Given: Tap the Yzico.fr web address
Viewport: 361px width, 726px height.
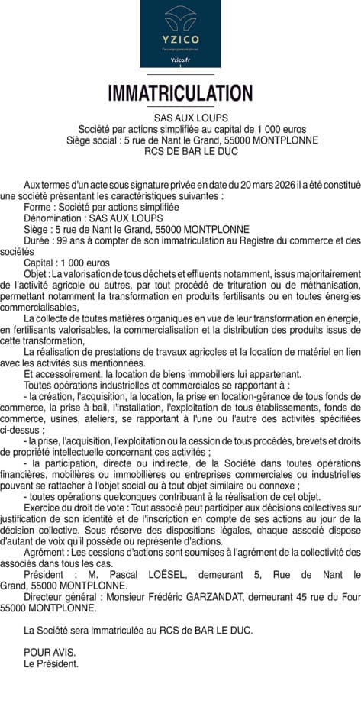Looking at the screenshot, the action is coord(180,59).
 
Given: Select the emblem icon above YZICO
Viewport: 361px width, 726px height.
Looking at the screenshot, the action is coord(180,17).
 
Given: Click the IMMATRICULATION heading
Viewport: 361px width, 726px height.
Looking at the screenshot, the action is coord(180,94).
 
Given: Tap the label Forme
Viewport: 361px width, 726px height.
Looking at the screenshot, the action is coord(37,207).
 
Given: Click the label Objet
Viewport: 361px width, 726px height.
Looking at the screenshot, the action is coord(35,273).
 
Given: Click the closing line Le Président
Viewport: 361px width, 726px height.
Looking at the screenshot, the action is coord(50,664).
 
